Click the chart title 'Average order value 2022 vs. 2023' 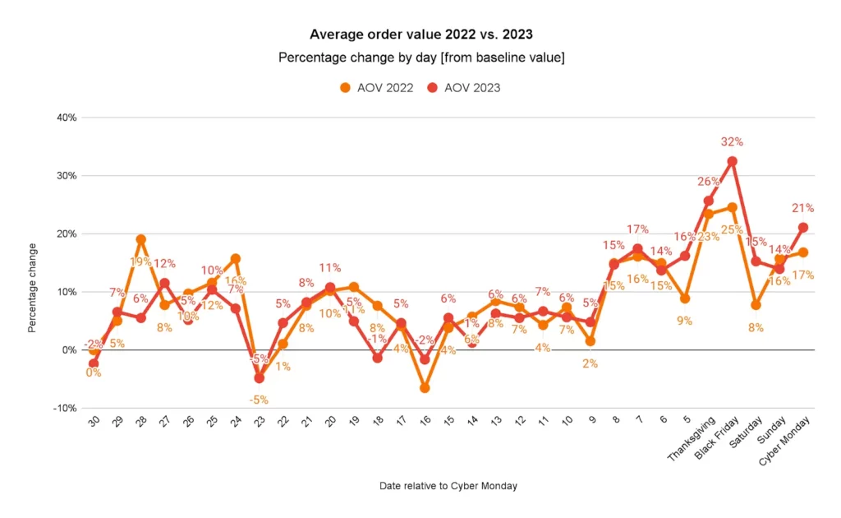420,35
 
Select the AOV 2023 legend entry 463,87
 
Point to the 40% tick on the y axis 67,118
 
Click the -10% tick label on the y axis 65,408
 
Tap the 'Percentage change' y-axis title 32,288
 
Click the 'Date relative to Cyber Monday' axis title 448,486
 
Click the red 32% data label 731,141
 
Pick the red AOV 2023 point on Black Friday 732,161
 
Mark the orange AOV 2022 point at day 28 140,239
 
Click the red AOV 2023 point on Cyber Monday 802,227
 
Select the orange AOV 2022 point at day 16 425,387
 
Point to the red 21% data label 802,208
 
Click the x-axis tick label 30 94,421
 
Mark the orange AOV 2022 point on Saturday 756,305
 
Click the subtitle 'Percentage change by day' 420,58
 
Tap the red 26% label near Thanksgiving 708,182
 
